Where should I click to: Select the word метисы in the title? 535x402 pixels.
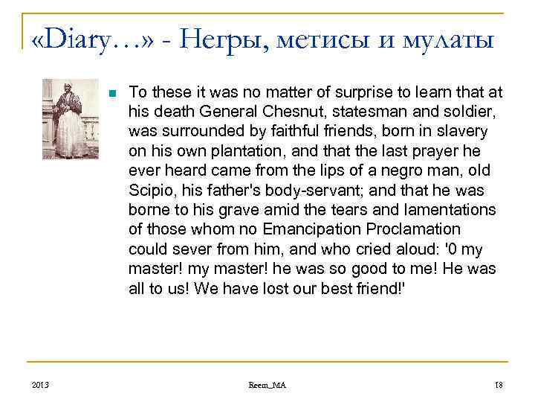click(x=324, y=37)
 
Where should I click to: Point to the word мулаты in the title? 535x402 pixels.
click(x=453, y=37)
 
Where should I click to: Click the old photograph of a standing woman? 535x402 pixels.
click(x=71, y=119)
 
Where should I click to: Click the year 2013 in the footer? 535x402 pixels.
click(x=40, y=384)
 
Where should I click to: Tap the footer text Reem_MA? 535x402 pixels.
click(x=267, y=384)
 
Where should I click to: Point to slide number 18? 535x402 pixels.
click(x=498, y=384)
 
